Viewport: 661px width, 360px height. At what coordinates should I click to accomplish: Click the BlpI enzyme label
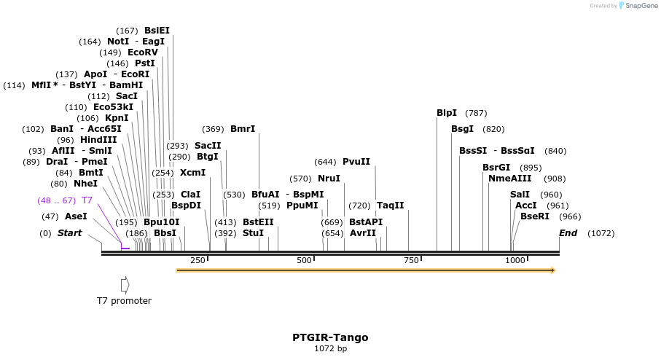pyautogui.click(x=447, y=113)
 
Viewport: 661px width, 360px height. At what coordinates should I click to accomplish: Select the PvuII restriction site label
pyautogui.click(x=356, y=162)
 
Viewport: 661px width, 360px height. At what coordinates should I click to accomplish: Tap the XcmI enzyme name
pyautogui.click(x=192, y=173)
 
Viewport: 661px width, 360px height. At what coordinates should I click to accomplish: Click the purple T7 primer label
pyautogui.click(x=87, y=200)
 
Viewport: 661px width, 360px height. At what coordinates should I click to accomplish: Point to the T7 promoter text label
pyautogui.click(x=124, y=301)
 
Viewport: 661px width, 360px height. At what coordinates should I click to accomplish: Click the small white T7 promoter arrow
pyautogui.click(x=125, y=284)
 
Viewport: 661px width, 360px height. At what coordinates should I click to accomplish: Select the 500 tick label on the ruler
pyautogui.click(x=305, y=260)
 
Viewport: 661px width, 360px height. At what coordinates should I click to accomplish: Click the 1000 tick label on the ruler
pyautogui.click(x=515, y=260)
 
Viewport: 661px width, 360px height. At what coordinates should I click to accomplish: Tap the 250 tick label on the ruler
pyautogui.click(x=197, y=260)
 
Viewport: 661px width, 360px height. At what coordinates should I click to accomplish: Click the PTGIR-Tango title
pyautogui.click(x=330, y=337)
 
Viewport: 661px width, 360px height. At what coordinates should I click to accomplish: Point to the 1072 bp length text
pyautogui.click(x=330, y=349)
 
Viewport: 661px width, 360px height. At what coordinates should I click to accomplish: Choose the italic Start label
pyautogui.click(x=70, y=233)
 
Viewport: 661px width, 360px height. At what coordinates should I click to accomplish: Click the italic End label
pyautogui.click(x=568, y=233)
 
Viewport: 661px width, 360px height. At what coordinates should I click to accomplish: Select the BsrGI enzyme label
pyautogui.click(x=496, y=168)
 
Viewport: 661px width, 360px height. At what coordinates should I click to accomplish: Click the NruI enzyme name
pyautogui.click(x=329, y=179)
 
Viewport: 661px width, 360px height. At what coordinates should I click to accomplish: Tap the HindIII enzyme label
pyautogui.click(x=98, y=140)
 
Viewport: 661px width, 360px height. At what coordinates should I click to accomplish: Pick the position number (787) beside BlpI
pyautogui.click(x=476, y=113)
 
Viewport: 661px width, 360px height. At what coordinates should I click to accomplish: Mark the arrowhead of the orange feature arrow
pyautogui.click(x=552, y=270)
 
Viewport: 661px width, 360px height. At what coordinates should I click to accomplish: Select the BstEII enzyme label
pyautogui.click(x=258, y=222)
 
